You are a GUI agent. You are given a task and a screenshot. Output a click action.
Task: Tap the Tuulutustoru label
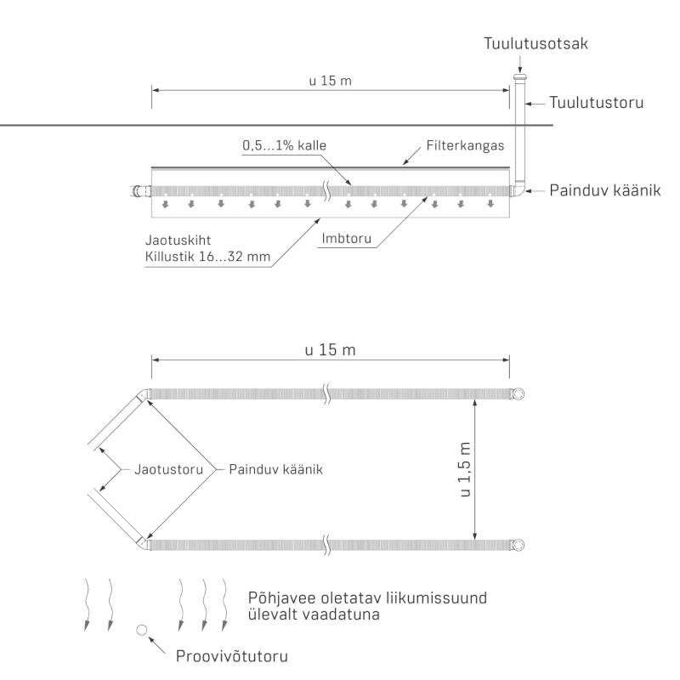pos(595,103)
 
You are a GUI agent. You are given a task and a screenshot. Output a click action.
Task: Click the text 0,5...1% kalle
pos(284,145)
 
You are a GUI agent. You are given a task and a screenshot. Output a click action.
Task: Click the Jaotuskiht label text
pos(178,241)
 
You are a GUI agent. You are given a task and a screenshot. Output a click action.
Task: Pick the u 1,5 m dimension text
pos(464,469)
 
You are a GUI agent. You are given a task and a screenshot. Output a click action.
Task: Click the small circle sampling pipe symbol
pos(142,630)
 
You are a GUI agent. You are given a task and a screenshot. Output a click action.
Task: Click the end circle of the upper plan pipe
pos(517,394)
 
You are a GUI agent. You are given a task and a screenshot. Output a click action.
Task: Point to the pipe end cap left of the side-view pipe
pos(136,191)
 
